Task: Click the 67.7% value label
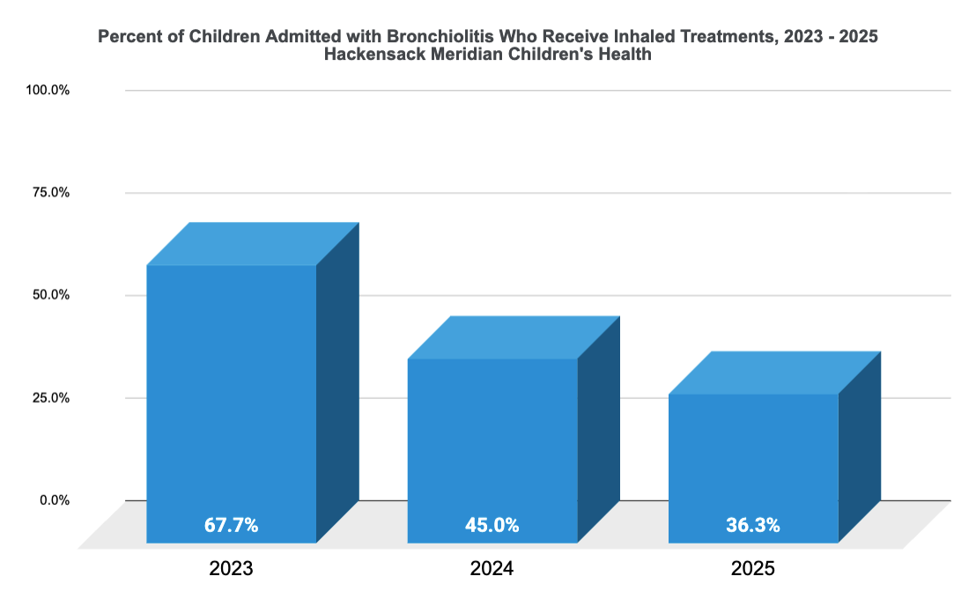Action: [231, 526]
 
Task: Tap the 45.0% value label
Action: [492, 526]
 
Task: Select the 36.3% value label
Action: [752, 526]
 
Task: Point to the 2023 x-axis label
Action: [231, 569]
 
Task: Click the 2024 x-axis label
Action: [492, 569]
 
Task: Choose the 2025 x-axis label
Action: [752, 569]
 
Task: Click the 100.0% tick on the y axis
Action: [48, 90]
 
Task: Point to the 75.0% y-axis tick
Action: [51, 192]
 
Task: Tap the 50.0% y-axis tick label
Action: [51, 295]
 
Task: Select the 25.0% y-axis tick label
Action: [51, 397]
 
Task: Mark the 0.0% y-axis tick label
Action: [54, 500]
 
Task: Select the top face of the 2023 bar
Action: [253, 244]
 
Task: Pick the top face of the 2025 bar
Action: [774, 373]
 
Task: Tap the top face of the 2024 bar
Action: [514, 337]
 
